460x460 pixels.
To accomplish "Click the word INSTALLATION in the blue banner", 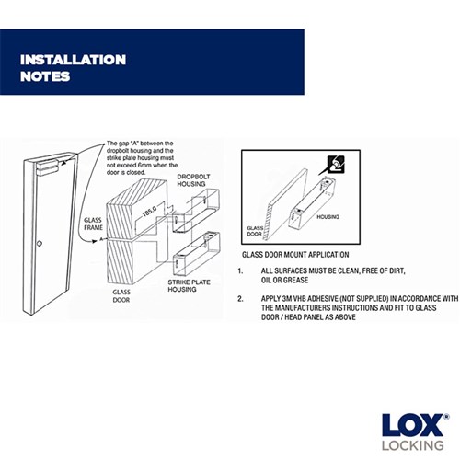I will (x=74, y=60).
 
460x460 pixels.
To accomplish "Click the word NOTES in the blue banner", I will (x=46, y=76).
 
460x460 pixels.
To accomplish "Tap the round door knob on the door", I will (x=40, y=244).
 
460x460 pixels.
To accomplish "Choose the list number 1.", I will (x=240, y=271).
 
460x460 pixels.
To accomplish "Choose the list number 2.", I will (x=240, y=299).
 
